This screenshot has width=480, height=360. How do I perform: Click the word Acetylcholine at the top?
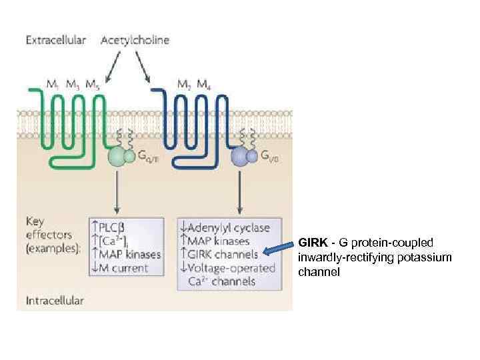(135, 40)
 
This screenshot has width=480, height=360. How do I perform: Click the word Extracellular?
(56, 40)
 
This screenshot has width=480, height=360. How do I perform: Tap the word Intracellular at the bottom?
(55, 300)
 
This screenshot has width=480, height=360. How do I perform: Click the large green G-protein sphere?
(118, 157)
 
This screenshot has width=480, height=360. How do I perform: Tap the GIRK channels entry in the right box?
(224, 254)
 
